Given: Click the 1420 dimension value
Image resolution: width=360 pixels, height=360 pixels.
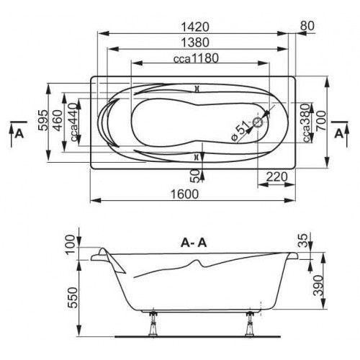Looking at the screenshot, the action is pos(195,27).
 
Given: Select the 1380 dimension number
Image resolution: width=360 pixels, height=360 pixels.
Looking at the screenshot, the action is pos(195,42).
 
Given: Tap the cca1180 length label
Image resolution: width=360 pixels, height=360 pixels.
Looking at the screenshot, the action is pos(196,58).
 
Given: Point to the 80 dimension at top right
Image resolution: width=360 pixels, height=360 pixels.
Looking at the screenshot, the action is pos(307,26).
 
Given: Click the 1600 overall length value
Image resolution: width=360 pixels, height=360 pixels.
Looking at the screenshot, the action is pos(184,194).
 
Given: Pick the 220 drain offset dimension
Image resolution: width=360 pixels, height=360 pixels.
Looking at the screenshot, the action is pos(276,177).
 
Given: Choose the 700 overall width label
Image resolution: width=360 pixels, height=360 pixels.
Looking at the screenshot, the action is pos(322,120).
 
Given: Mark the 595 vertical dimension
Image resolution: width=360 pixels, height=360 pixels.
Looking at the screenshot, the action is pos(43,120).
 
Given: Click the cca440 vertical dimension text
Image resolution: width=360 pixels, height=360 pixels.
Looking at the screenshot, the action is pos(74,122).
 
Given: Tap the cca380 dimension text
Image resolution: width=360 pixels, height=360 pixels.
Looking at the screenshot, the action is pos(306,122).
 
